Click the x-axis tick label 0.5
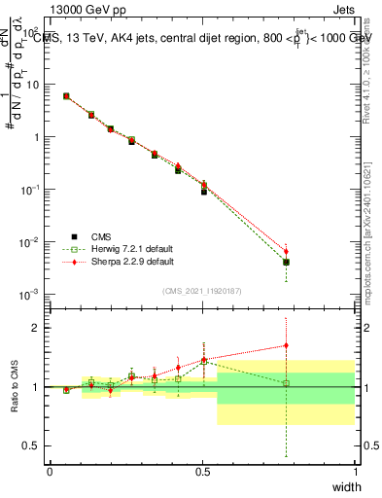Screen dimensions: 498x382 click(x=202, y=473)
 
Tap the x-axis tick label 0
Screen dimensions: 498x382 click(x=50, y=473)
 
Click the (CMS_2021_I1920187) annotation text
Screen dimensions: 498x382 click(x=202, y=290)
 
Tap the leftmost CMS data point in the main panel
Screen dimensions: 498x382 click(x=66, y=96)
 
